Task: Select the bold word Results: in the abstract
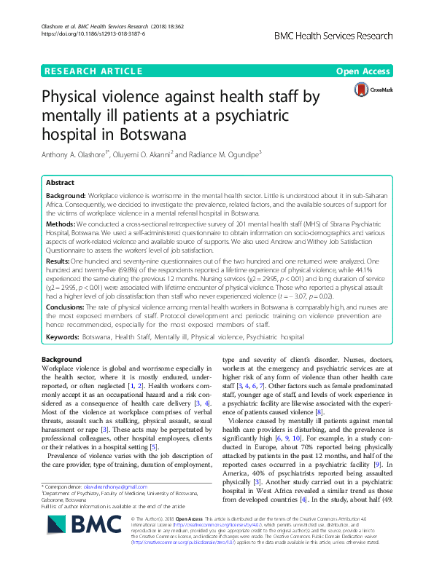click(x=61, y=260)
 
